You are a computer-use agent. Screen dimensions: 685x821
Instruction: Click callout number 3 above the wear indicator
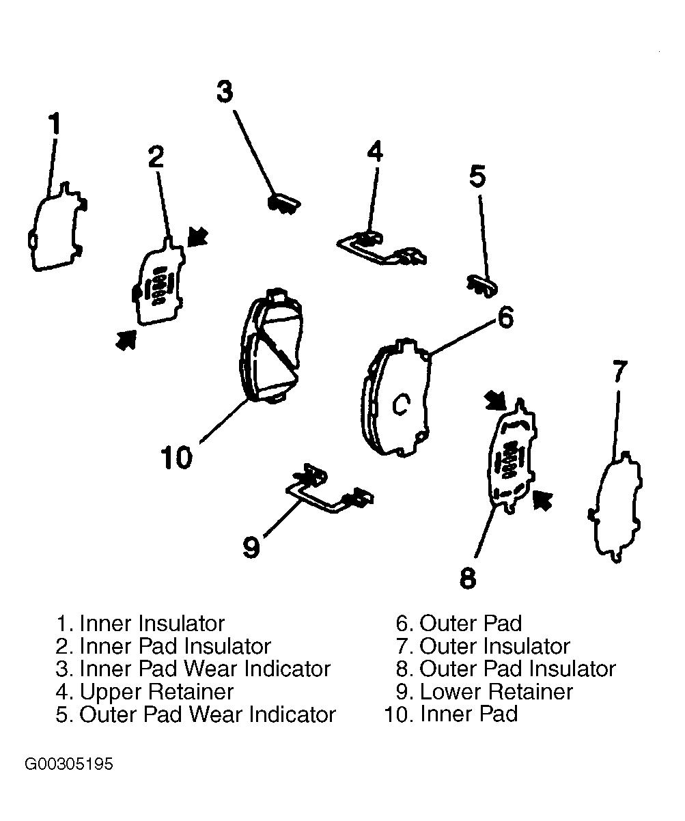tap(225, 92)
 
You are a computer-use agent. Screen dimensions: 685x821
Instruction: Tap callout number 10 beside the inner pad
tap(177, 458)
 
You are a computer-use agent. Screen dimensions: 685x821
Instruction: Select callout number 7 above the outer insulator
tap(619, 371)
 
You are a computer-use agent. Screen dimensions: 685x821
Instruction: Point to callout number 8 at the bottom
tap(468, 578)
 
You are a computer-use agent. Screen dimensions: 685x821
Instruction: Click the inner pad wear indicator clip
tap(284, 204)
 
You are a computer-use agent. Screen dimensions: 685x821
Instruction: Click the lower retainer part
tap(329, 489)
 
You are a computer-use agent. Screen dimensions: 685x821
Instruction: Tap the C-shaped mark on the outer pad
tap(401, 404)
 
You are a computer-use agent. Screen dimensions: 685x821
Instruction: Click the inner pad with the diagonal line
tap(271, 345)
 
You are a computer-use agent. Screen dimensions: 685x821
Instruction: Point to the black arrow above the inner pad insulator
tap(197, 237)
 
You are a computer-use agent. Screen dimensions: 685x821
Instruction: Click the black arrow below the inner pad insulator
tap(126, 339)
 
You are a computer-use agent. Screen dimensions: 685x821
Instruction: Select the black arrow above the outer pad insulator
tap(496, 400)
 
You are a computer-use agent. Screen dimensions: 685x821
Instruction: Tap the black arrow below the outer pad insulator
tap(543, 501)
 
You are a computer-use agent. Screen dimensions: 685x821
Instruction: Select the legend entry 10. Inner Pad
tap(451, 714)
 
